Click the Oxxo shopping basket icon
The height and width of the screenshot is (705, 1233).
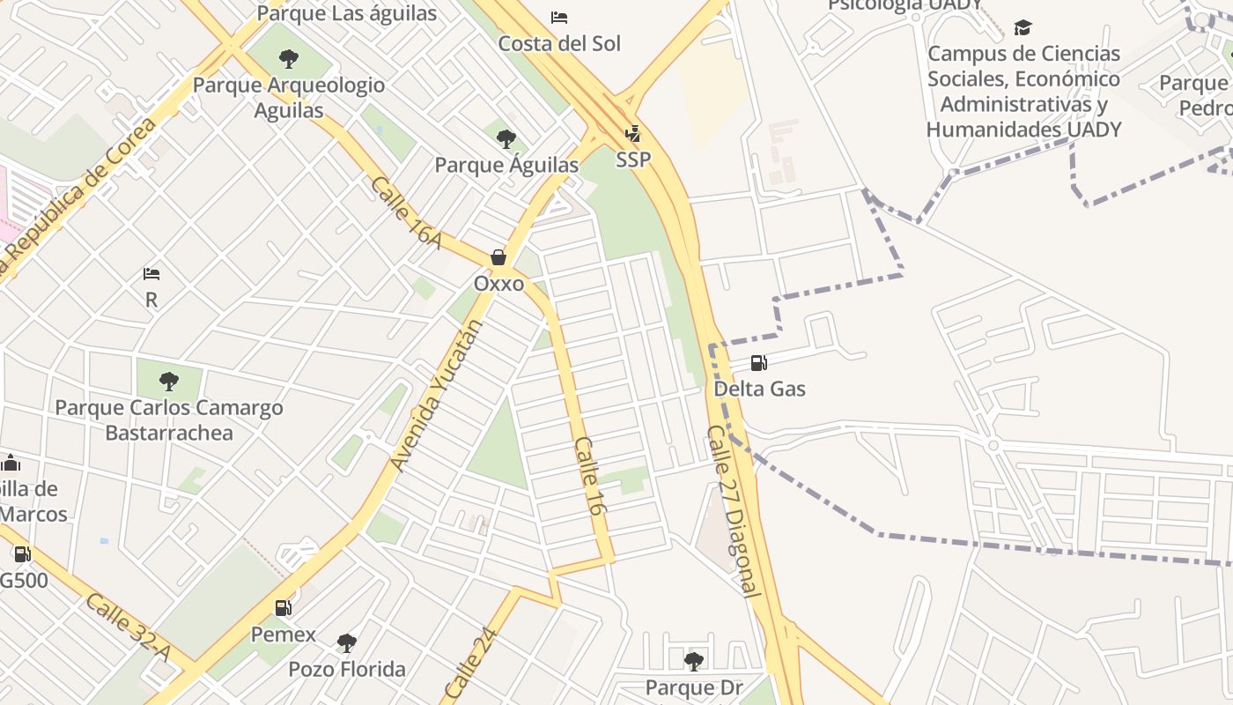click(x=498, y=257)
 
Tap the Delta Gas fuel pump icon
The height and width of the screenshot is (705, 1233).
click(x=758, y=362)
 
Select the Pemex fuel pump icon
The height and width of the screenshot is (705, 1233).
click(x=283, y=607)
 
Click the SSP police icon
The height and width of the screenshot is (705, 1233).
click(x=632, y=134)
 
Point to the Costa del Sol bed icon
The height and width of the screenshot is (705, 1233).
click(x=559, y=17)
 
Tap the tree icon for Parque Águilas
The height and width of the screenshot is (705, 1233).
click(x=506, y=138)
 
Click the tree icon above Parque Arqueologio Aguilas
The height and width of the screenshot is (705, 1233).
click(x=288, y=59)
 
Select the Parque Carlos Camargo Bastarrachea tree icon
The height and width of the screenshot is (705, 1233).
click(x=169, y=382)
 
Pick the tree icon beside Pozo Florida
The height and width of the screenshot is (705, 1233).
click(x=347, y=642)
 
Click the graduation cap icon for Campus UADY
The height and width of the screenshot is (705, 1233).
click(x=1023, y=27)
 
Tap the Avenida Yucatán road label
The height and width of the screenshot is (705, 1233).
click(x=437, y=395)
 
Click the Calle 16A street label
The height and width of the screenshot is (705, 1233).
click(x=406, y=212)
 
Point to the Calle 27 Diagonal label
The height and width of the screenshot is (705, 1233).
click(x=733, y=512)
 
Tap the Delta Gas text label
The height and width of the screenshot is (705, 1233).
click(x=759, y=389)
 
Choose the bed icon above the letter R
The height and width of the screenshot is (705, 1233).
click(x=151, y=274)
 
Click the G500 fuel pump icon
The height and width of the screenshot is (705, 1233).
click(x=22, y=554)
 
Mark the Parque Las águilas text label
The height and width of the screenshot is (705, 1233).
click(x=347, y=13)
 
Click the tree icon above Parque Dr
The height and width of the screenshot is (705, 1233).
click(x=694, y=660)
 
